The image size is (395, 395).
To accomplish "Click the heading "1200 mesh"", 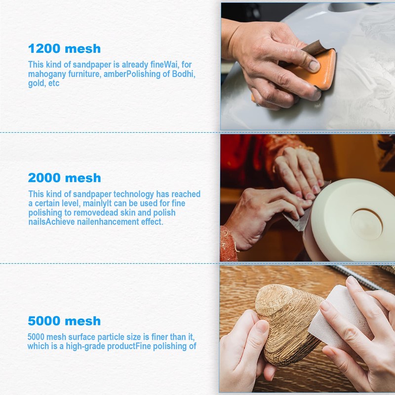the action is pyautogui.click(x=64, y=48).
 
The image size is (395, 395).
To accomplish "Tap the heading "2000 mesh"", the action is pyautogui.click(x=65, y=178).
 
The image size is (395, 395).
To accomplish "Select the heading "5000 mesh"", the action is pyautogui.click(x=64, y=320).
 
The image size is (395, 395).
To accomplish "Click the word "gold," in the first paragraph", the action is pyautogui.click(x=37, y=83).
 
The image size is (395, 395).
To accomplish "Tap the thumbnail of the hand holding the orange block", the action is pyautogui.click(x=308, y=66).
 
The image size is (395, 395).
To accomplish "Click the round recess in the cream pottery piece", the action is pyautogui.click(x=367, y=223).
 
